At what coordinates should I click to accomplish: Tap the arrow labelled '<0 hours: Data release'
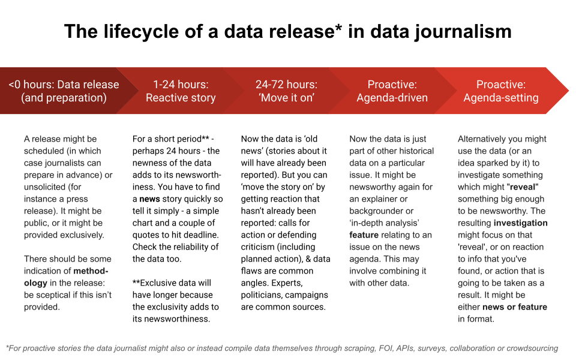tap(64, 91)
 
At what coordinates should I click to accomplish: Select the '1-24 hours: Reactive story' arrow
tap(181, 91)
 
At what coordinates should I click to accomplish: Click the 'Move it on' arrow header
tap(286, 91)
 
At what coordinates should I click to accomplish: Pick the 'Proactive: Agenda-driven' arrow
tap(392, 91)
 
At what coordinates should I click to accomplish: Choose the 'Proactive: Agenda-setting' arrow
tap(501, 91)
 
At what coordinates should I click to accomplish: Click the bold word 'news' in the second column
tap(150, 199)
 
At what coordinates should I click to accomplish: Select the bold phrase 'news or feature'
tap(515, 307)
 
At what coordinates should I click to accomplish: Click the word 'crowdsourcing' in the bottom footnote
tap(532, 348)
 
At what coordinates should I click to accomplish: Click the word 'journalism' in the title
tap(463, 31)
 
